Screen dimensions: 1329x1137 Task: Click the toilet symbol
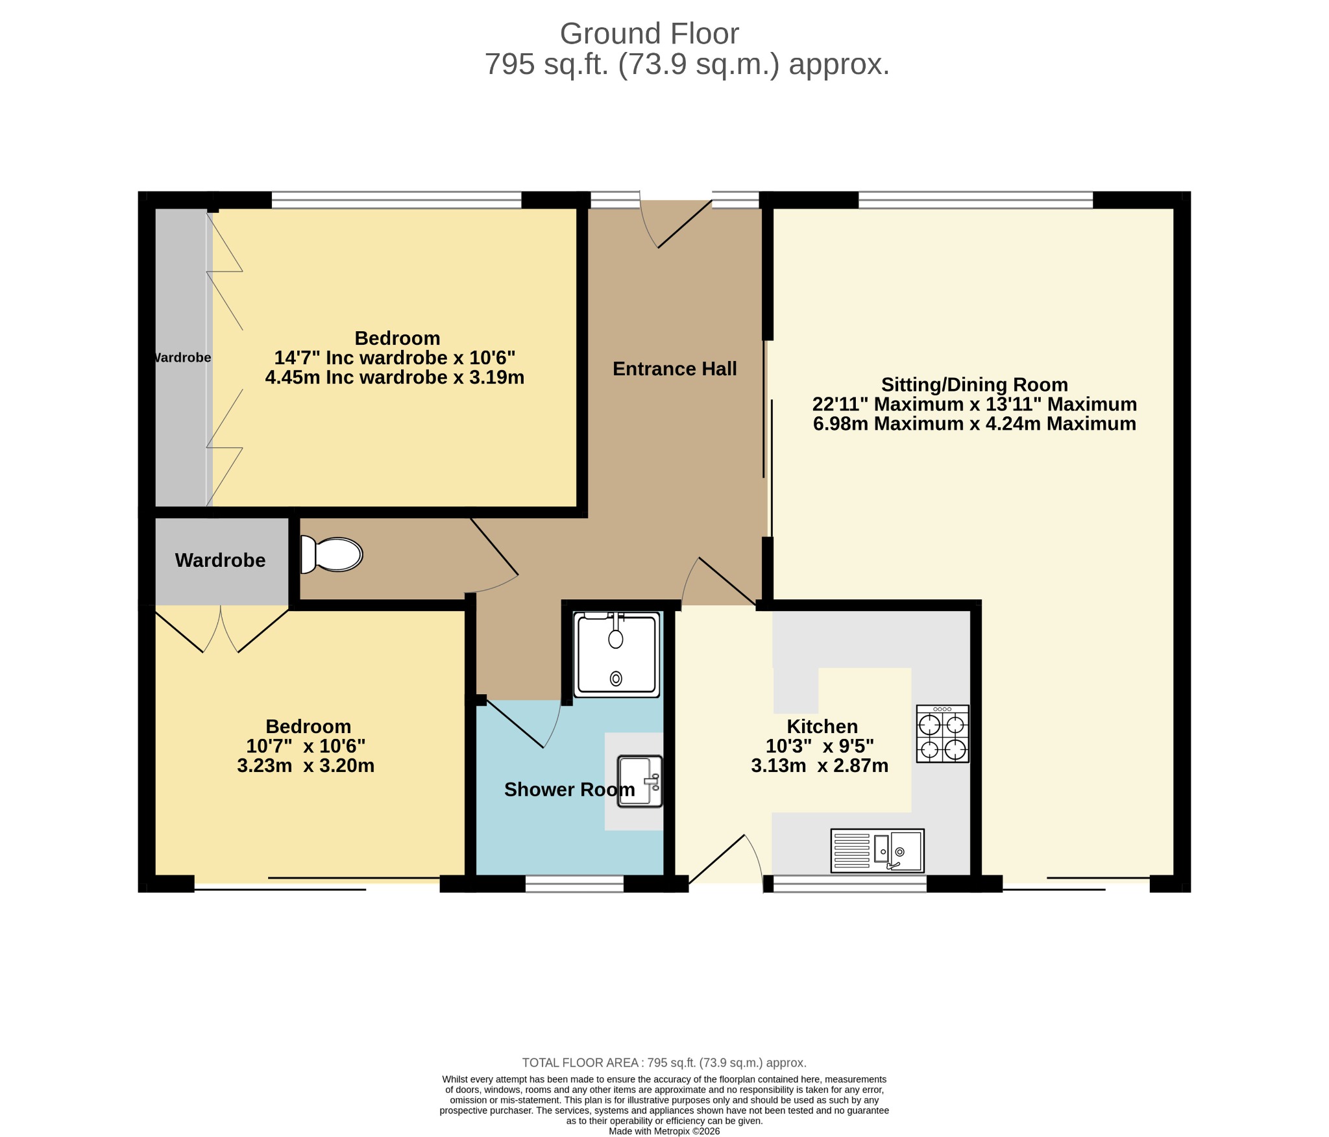pos(331,555)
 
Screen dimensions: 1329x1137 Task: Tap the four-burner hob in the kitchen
pos(942,734)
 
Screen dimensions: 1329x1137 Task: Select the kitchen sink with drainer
pos(877,851)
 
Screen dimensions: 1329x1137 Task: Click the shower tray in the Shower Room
pos(616,654)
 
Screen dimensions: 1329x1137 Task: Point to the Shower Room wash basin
pos(640,781)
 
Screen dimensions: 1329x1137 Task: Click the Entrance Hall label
pos(675,369)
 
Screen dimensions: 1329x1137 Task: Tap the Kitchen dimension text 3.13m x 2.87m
pos(820,766)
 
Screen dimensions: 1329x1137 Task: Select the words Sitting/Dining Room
pos(975,385)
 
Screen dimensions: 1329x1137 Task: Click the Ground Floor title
pos(649,34)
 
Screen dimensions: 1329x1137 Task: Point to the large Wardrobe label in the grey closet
pos(221,560)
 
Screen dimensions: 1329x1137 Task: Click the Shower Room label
pos(570,790)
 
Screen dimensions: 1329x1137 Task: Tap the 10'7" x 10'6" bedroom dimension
pos(306,746)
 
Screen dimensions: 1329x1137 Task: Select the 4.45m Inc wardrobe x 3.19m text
pos(395,377)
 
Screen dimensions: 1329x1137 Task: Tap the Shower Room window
pos(574,884)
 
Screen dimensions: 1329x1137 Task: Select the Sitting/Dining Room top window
pos(976,200)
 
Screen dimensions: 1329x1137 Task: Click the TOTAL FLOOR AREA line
pos(664,1063)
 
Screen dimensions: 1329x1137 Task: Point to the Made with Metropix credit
pos(664,1131)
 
